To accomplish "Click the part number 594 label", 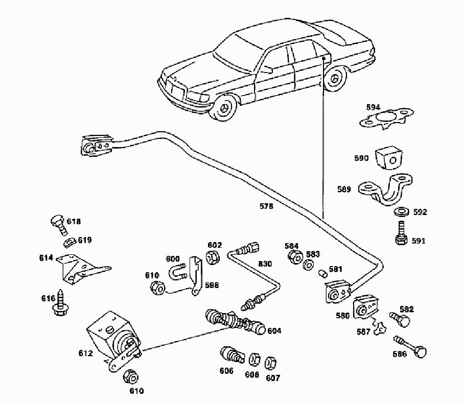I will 373,108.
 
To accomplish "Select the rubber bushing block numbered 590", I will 389,159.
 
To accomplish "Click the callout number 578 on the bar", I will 266,207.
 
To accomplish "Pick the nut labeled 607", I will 271,363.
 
